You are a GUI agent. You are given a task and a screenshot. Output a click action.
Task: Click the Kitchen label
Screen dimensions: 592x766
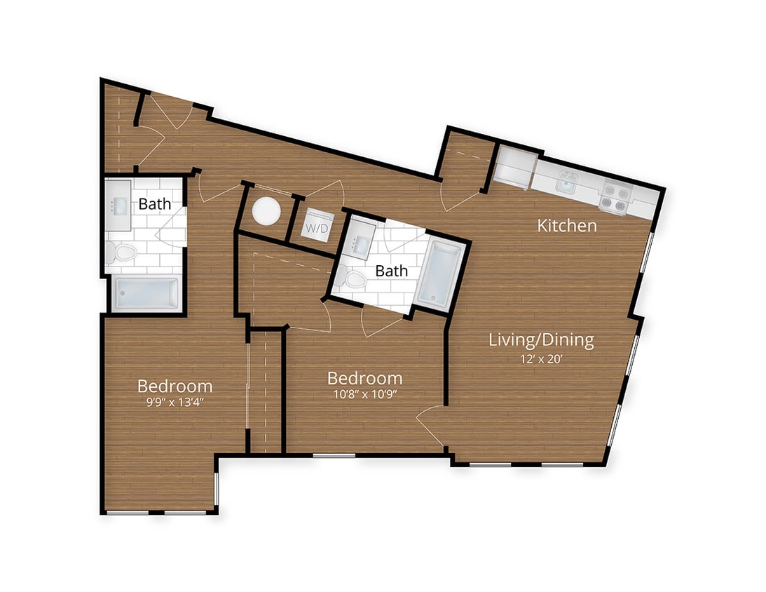tap(567, 226)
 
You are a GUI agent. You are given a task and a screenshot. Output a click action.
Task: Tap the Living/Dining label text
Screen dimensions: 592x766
tap(541, 341)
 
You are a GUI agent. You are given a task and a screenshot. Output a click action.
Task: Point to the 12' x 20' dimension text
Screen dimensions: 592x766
tap(541, 360)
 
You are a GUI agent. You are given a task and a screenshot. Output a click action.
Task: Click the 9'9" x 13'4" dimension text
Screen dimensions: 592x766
tap(175, 403)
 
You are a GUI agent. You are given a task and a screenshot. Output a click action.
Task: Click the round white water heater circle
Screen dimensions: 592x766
tap(266, 211)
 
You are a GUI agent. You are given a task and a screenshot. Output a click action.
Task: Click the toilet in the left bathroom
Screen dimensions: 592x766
tap(124, 252)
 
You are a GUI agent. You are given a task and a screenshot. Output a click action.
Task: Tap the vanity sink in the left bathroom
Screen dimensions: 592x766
tap(117, 206)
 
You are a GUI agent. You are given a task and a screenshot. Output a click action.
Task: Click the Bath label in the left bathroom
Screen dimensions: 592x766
tap(154, 205)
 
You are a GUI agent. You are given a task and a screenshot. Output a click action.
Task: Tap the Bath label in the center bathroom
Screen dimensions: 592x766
tap(392, 271)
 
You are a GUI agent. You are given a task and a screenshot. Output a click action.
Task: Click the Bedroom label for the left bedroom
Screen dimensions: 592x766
tap(175, 386)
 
